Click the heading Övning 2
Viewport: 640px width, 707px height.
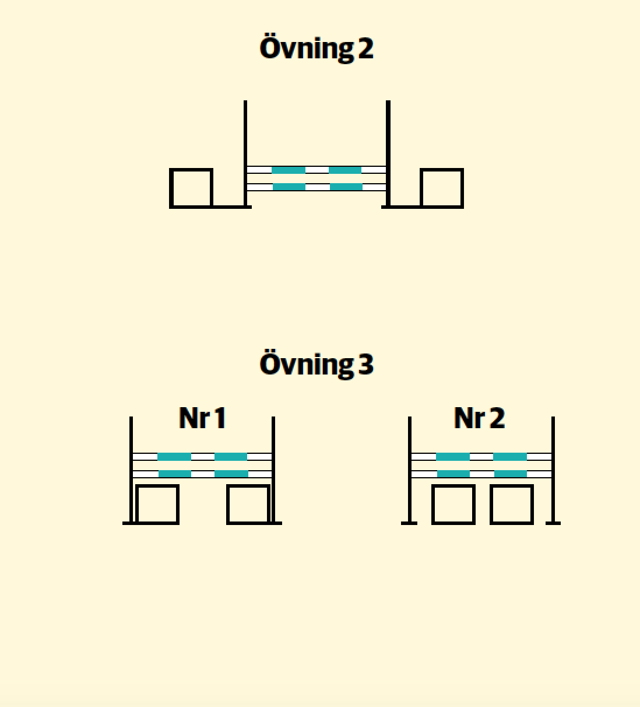[x=317, y=48]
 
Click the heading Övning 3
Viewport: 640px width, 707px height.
[x=317, y=364]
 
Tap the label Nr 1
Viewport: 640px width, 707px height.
[x=202, y=418]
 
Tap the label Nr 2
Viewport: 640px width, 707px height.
[x=479, y=418]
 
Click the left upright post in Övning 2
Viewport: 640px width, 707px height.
[x=245, y=153]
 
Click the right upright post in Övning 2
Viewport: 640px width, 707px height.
[x=388, y=153]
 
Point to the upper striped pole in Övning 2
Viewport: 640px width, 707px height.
[x=317, y=170]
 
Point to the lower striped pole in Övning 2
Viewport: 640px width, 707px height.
[x=317, y=187]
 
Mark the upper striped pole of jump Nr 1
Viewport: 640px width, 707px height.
[x=202, y=457]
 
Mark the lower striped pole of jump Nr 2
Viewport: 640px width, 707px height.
[x=481, y=474]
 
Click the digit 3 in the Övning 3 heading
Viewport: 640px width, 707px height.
[x=366, y=364]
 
